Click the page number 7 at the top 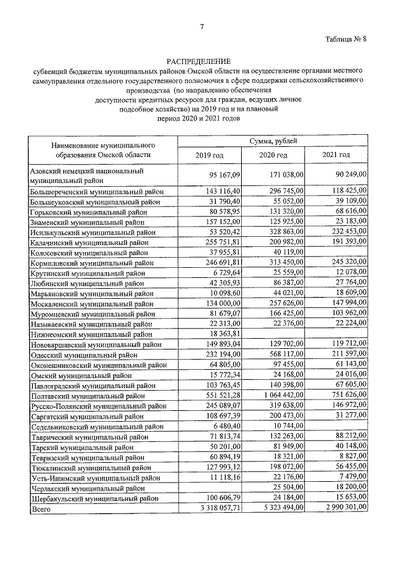(x=202, y=27)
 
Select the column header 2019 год (x=209, y=155)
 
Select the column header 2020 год (x=273, y=155)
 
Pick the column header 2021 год (x=336, y=155)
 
